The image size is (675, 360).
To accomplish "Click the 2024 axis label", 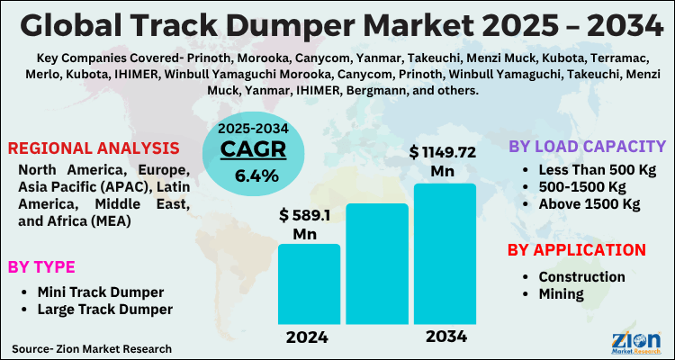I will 308,337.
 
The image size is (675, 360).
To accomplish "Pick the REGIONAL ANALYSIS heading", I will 94,148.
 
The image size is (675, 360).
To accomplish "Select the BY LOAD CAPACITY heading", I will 587,147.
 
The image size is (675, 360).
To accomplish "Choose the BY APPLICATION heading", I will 577,249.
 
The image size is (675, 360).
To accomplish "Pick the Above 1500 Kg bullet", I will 589,205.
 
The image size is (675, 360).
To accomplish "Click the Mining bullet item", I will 561,293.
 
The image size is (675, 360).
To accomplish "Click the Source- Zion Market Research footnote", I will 92,347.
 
